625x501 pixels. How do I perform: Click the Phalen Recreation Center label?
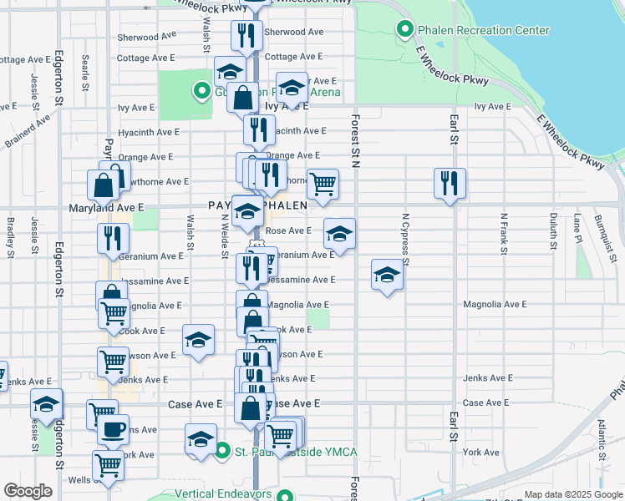[x=484, y=31]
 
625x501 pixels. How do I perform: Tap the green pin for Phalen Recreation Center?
[x=405, y=31]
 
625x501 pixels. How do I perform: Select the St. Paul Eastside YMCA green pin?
[x=221, y=452]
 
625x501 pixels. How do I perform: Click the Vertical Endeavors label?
[x=226, y=493]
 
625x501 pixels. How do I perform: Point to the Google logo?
[x=28, y=491]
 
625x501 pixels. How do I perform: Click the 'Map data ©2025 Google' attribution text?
[x=573, y=494]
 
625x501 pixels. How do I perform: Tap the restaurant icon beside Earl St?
[x=450, y=183]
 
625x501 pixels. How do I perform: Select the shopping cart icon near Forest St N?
[x=323, y=183]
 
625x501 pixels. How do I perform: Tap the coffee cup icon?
[x=114, y=430]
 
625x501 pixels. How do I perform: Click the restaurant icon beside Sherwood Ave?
[x=245, y=34]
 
